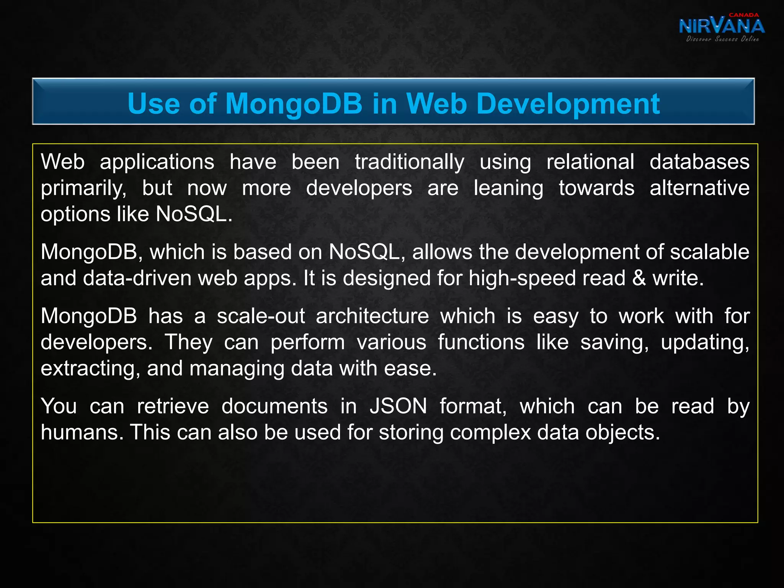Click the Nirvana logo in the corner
click(722, 27)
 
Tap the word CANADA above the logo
click(743, 15)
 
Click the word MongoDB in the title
click(294, 104)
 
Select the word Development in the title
click(568, 105)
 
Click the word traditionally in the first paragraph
click(409, 162)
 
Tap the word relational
click(590, 162)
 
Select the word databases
click(699, 162)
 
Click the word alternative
click(699, 188)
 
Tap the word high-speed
click(522, 278)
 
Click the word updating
click(705, 343)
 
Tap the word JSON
click(398, 406)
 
